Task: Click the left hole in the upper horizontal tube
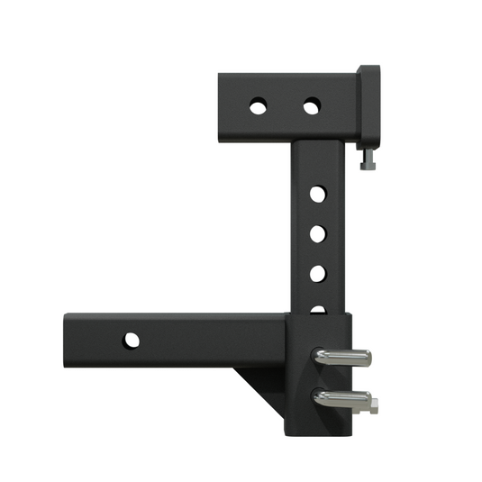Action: pyautogui.click(x=258, y=106)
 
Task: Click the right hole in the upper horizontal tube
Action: pyautogui.click(x=311, y=107)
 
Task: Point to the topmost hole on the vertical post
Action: pyautogui.click(x=317, y=194)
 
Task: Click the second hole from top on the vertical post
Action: pyautogui.click(x=317, y=233)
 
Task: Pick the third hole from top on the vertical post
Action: pyautogui.click(x=317, y=272)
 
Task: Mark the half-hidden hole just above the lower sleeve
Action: pyautogui.click(x=317, y=309)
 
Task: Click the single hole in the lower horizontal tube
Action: pyautogui.click(x=132, y=341)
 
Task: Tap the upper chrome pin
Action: pyautogui.click(x=341, y=358)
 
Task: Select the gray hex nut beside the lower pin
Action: pyautogui.click(x=372, y=406)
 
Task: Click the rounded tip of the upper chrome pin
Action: pyautogui.click(x=366, y=358)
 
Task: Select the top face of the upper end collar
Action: pyautogui.click(x=369, y=68)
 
